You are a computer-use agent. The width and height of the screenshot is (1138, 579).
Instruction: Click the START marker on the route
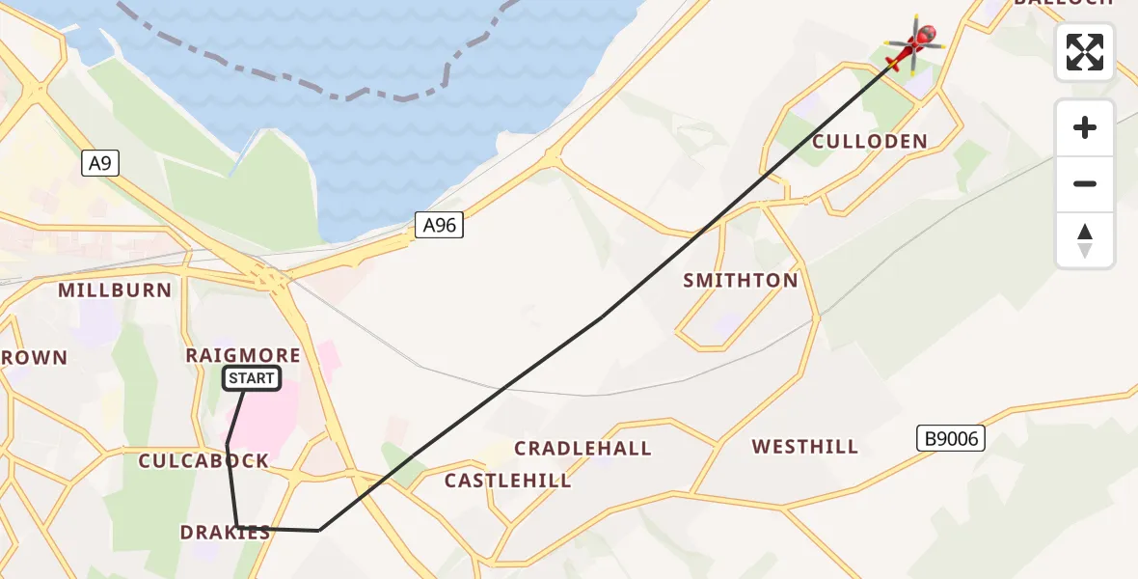(x=252, y=379)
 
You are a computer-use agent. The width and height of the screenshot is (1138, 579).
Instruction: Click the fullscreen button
(x=1085, y=52)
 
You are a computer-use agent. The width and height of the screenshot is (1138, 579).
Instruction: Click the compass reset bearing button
(x=1085, y=241)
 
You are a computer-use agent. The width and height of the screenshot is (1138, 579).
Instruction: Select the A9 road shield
(x=100, y=164)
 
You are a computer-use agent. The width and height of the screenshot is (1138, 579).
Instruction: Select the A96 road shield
(x=440, y=226)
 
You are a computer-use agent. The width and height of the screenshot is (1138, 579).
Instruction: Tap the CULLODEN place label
(x=870, y=142)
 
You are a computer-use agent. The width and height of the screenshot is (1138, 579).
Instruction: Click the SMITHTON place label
(x=741, y=281)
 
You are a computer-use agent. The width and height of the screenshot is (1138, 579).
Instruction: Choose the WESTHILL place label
(x=805, y=447)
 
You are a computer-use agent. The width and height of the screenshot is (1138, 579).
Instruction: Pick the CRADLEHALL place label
(x=583, y=449)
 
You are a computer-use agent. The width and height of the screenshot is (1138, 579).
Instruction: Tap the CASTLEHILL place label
(x=507, y=481)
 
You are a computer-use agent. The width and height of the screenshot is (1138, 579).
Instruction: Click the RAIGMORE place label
(x=243, y=356)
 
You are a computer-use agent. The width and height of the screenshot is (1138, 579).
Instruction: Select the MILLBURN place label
(x=115, y=290)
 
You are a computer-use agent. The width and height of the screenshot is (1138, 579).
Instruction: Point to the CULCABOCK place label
(x=203, y=461)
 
